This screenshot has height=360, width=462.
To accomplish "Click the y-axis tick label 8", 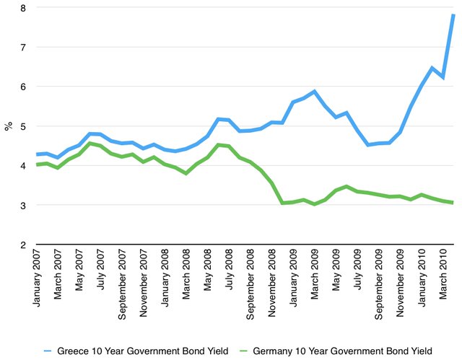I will (22, 8).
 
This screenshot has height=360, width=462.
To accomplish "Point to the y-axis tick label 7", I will (22, 48).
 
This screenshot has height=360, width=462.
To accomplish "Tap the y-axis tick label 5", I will (22, 126).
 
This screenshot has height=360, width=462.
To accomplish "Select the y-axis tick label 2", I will (22, 245).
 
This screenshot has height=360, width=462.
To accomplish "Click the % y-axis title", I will (9, 126).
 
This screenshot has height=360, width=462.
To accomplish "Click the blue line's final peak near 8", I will (453, 15).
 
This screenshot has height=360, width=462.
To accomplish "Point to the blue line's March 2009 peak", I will (314, 92).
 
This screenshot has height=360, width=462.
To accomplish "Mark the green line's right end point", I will (453, 203).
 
